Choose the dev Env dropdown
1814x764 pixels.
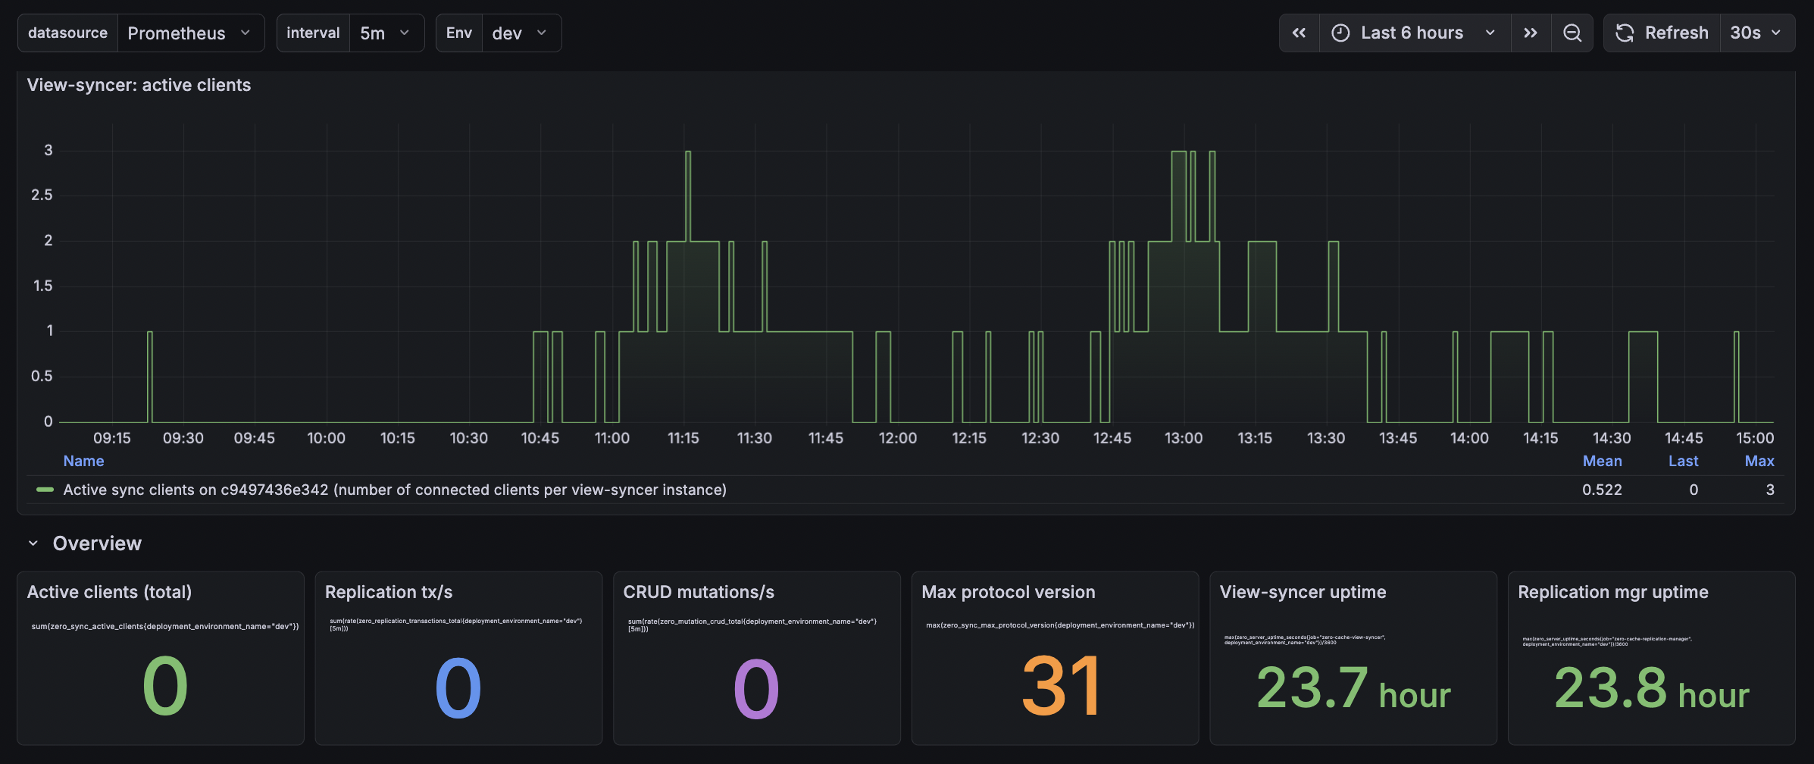point(520,33)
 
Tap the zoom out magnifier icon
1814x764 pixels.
point(1572,33)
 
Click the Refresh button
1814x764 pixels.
point(1662,33)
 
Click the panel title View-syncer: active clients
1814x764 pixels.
point(139,85)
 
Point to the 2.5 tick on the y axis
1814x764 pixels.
point(42,196)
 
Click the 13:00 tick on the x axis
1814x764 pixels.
point(1184,438)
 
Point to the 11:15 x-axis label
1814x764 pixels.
point(683,438)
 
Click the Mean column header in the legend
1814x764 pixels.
point(1602,461)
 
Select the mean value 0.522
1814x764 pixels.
point(1602,490)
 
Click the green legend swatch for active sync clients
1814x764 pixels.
point(45,490)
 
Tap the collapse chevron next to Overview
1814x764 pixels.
point(33,543)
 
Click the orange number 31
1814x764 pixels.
point(1060,687)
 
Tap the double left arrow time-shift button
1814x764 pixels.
point(1299,33)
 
